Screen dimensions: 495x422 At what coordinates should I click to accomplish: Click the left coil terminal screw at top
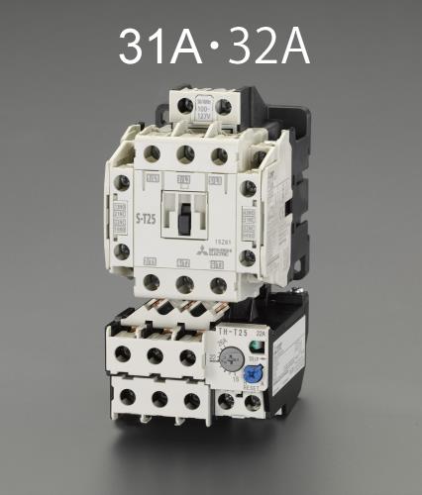pyautogui.click(x=184, y=104)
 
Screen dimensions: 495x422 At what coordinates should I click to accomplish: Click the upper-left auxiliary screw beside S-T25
pyautogui.click(x=122, y=183)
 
